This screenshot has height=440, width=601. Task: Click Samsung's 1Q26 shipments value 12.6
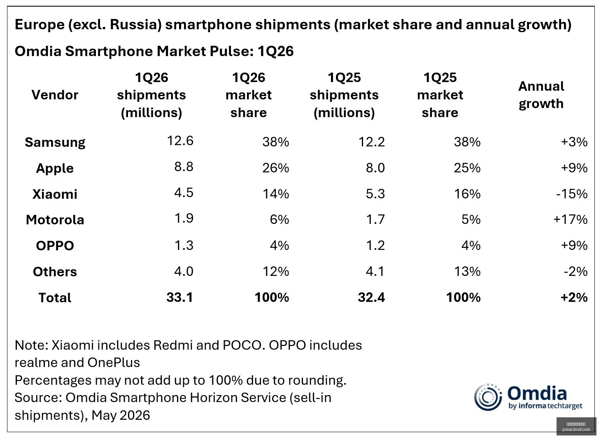click(x=180, y=141)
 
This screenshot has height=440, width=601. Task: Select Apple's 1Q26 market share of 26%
click(x=275, y=168)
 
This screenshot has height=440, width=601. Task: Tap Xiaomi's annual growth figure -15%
click(x=572, y=194)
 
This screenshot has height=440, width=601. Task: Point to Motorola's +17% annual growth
click(x=571, y=219)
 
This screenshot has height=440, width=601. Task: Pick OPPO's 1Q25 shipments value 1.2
click(x=375, y=245)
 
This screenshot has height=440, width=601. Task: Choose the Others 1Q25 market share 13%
click(x=467, y=271)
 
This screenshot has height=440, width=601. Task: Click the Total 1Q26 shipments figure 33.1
click(x=180, y=297)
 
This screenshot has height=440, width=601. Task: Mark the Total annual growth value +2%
click(x=574, y=297)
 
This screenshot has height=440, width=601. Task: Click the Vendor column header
click(x=55, y=95)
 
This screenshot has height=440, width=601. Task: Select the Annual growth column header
click(x=541, y=95)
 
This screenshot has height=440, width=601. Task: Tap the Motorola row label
click(x=55, y=220)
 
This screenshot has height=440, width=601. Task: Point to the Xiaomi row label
click(x=55, y=194)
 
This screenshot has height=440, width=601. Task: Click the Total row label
click(x=55, y=298)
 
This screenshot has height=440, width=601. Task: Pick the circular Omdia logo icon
click(x=488, y=397)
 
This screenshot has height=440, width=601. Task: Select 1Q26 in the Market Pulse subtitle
click(x=275, y=51)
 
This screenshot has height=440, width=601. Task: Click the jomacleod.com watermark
click(x=576, y=429)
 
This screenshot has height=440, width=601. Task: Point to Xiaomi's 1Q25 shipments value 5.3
click(x=375, y=194)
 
